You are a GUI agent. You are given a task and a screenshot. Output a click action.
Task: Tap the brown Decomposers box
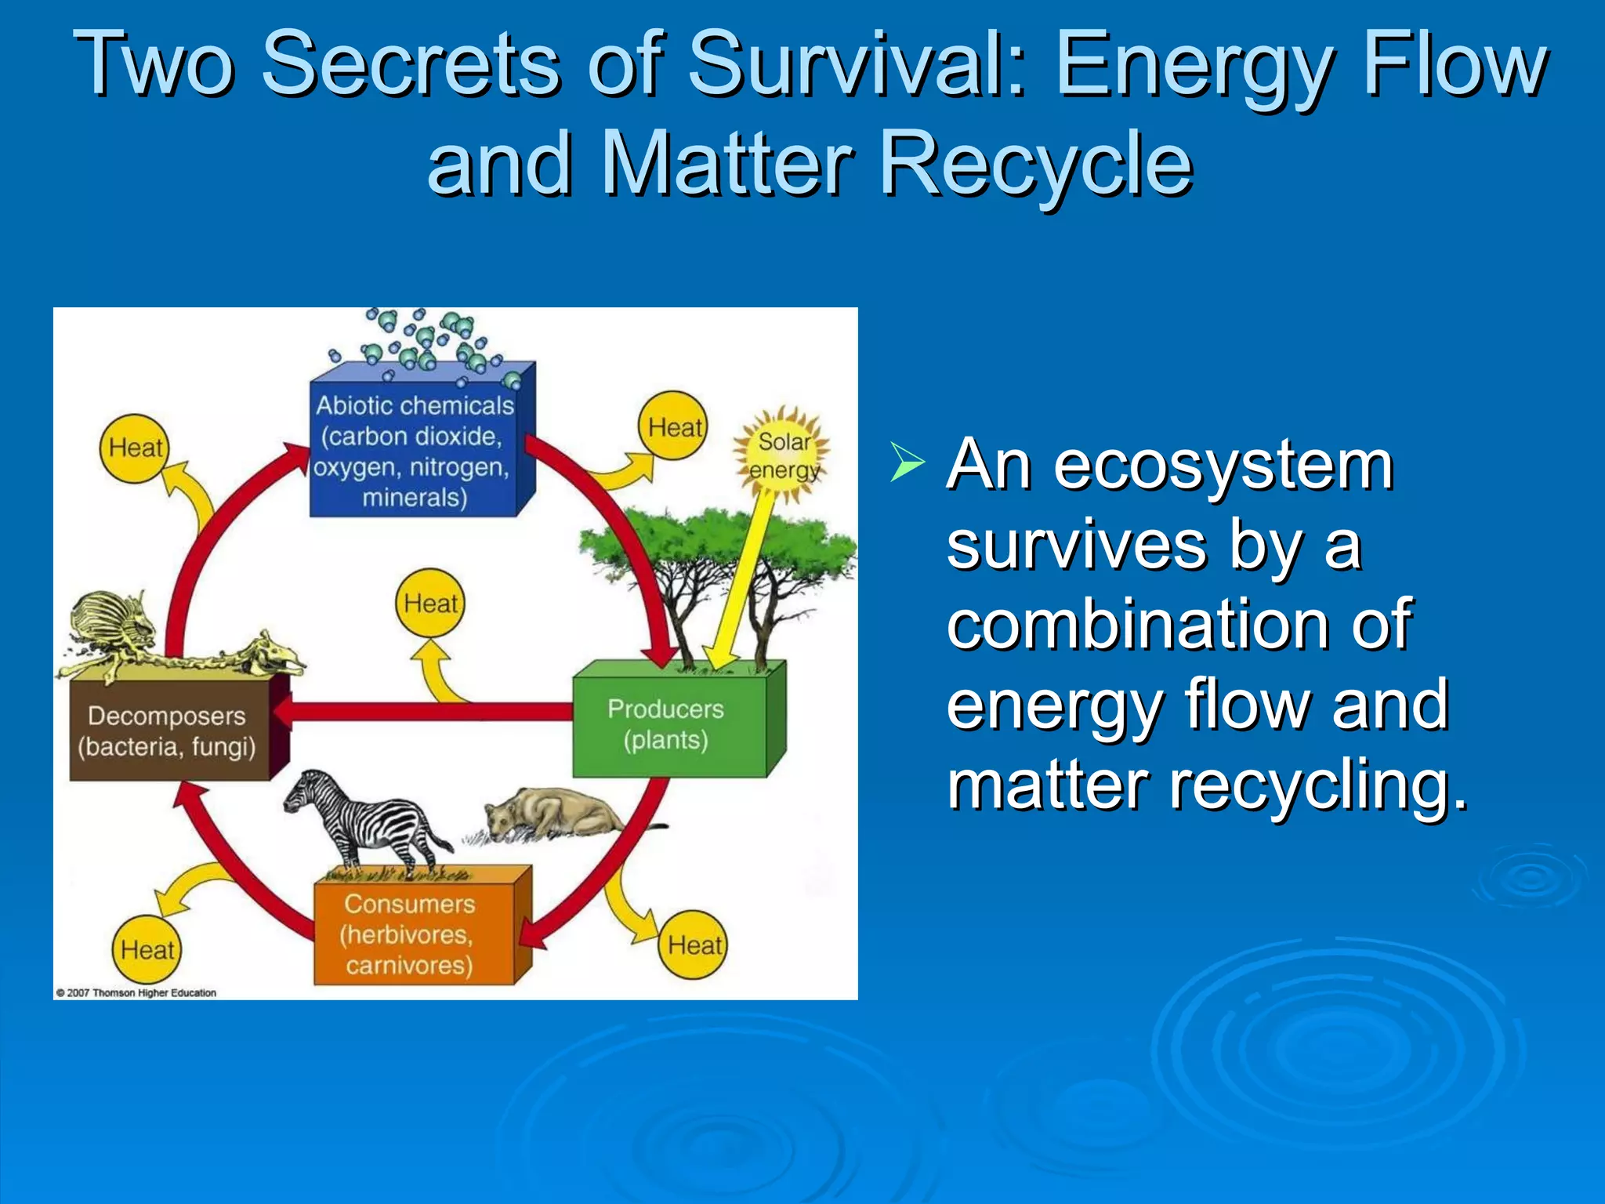[168, 731]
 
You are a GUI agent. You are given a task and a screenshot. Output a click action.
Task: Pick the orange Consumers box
[411, 933]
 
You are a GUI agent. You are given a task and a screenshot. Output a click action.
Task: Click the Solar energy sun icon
[782, 455]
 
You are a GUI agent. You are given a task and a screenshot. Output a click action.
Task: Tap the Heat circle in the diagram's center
[429, 604]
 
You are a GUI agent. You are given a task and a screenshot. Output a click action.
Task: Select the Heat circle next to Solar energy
[673, 427]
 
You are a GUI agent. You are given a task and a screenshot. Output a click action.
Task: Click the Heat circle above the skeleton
[135, 448]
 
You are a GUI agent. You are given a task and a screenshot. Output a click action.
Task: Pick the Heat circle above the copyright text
[147, 950]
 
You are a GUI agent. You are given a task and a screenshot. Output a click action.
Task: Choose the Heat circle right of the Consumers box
[694, 945]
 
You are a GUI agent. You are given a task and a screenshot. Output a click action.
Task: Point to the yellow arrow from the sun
[741, 580]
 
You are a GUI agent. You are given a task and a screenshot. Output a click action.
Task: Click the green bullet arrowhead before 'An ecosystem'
[907, 462]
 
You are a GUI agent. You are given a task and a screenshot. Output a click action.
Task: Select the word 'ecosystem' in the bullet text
[1223, 466]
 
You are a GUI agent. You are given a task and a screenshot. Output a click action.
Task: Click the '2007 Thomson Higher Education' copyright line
[136, 992]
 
